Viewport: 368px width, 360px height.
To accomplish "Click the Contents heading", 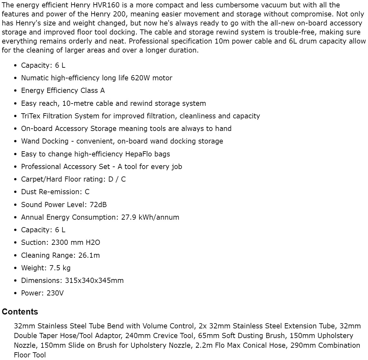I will pyautogui.click(x=20, y=312).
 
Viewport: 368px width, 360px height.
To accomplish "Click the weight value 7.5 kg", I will pyautogui.click(x=60, y=268).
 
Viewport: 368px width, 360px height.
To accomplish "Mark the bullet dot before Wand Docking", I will pyautogui.click(x=15, y=141).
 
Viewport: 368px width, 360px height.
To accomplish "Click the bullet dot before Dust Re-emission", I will pyautogui.click(x=15, y=192).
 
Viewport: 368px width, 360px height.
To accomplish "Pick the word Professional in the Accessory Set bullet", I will pyautogui.click(x=41, y=166).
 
